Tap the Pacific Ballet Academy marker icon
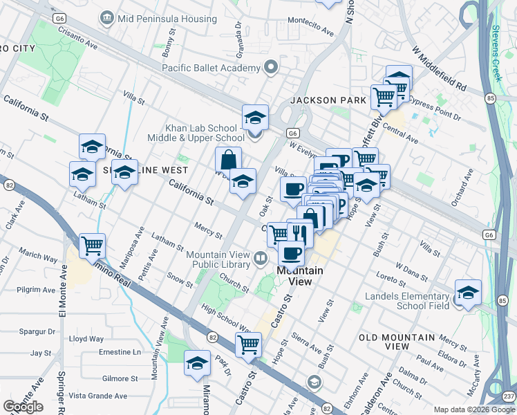click(x=271, y=68)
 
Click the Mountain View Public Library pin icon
click(x=261, y=259)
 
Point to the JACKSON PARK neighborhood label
click(x=328, y=100)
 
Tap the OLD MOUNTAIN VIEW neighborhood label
click(x=397, y=342)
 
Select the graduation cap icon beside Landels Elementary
click(x=468, y=292)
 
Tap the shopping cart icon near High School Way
click(x=248, y=343)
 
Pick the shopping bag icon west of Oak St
click(x=228, y=160)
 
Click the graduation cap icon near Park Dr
click(x=197, y=362)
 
